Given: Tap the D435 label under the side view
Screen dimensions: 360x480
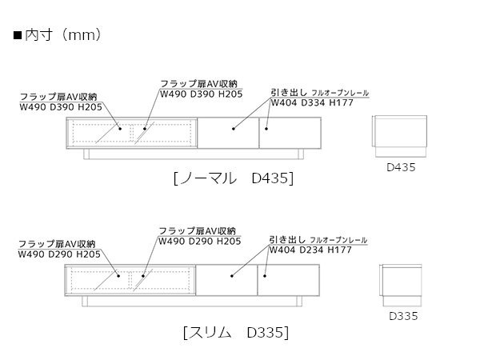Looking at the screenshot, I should tap(402, 168).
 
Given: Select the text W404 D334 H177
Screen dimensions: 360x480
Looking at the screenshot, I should tap(311, 103).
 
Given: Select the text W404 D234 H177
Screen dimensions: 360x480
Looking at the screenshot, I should tap(311, 250).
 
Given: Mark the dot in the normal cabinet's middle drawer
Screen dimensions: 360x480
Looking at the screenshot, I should tap(232, 126).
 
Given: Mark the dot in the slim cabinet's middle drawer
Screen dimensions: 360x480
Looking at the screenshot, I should tap(232, 276).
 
